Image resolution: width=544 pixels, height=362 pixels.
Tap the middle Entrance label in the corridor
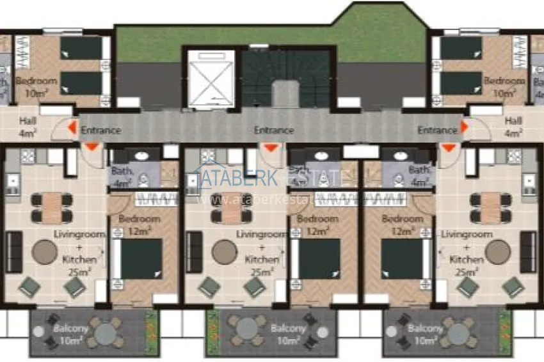click(x=274, y=130)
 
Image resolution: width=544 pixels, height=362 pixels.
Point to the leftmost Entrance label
click(x=100, y=130)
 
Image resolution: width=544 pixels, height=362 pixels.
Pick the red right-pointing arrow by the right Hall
click(x=464, y=129)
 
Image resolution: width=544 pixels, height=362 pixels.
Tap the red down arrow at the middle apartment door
click(x=271, y=148)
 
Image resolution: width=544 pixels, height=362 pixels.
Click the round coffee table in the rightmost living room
click(x=497, y=252)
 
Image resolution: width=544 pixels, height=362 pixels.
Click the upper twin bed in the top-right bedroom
click(x=461, y=47)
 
